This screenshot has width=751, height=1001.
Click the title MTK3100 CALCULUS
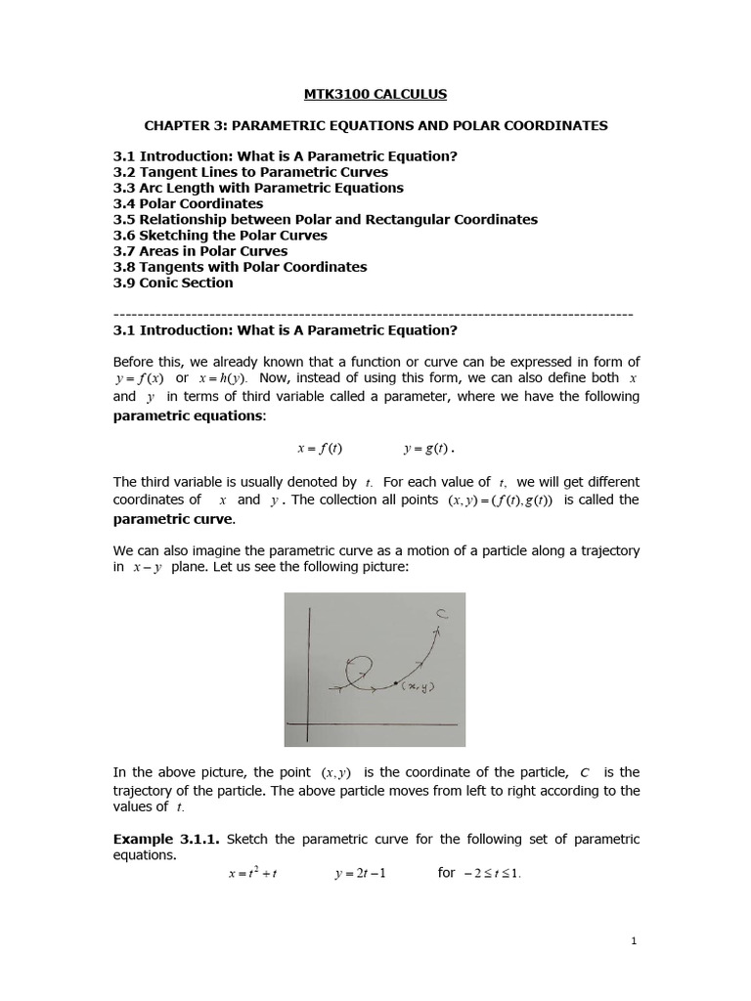(376, 94)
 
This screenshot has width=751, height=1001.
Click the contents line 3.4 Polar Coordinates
(188, 203)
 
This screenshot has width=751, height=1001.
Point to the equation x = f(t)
(320, 449)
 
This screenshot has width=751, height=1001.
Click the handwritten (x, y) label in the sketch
(418, 686)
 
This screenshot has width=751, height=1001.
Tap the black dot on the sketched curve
(395, 681)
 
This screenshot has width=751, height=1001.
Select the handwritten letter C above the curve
(442, 614)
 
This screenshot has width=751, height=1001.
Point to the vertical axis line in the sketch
(309, 675)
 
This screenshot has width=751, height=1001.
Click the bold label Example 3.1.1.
(166, 839)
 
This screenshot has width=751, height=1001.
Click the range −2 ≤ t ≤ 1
(492, 873)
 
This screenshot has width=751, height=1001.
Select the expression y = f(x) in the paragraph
(139, 378)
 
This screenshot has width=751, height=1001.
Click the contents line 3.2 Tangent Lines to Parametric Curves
(250, 172)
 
